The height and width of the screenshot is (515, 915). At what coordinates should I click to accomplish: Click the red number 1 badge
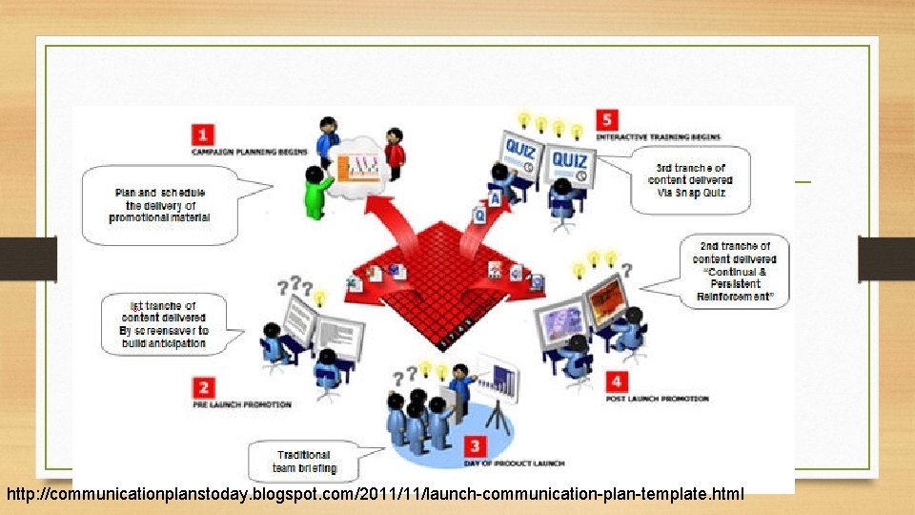[x=202, y=134]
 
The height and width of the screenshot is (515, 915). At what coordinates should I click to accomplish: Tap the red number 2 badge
[x=202, y=387]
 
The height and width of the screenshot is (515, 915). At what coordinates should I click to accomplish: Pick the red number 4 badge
[x=617, y=381]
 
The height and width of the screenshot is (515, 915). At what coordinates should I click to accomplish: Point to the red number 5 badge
[x=607, y=120]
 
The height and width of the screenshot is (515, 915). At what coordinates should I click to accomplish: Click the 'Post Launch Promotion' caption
[x=658, y=399]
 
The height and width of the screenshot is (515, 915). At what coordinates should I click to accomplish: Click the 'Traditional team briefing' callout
[x=303, y=462]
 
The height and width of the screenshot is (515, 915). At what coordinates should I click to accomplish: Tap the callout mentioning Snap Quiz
[x=690, y=180]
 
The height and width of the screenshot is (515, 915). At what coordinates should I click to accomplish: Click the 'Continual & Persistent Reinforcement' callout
[x=734, y=272]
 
